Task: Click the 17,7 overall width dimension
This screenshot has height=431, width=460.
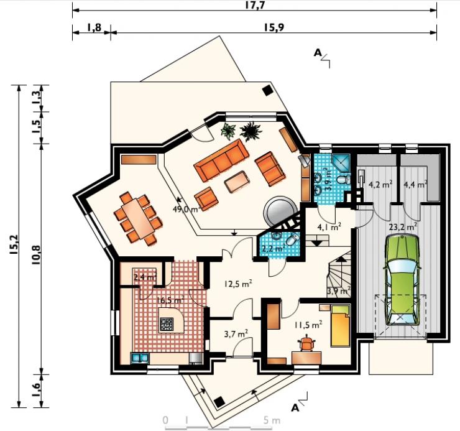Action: coord(255,5)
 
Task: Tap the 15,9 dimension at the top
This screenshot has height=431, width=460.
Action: coord(274,27)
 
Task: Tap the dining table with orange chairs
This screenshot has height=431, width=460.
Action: coord(138,218)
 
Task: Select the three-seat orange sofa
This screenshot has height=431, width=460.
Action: coord(221,160)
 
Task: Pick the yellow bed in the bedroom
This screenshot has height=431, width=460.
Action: coord(340,326)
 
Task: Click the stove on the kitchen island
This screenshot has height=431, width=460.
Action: coord(167,324)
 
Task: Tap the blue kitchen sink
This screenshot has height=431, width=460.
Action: coord(140,358)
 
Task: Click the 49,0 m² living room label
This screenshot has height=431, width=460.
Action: coord(187,210)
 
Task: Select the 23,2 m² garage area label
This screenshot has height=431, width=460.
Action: coord(403,227)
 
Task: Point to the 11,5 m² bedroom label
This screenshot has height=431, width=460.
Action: coord(308,325)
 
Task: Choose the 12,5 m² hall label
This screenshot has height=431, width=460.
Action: coord(238,284)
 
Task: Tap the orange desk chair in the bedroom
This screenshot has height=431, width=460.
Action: coord(307,343)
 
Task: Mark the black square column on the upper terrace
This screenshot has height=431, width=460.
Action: coord(267,90)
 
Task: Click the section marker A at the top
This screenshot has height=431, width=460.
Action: coord(318,53)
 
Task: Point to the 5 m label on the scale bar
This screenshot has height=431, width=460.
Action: coord(272,420)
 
